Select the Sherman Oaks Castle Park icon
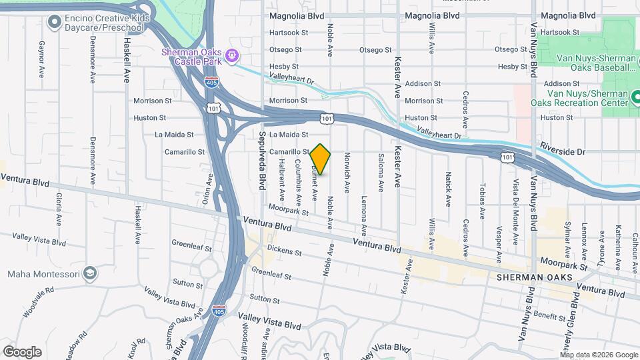(x=231, y=55)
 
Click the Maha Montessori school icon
(x=90, y=274)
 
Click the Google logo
(x=22, y=352)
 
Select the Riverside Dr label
(x=562, y=151)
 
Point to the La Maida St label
(x=174, y=134)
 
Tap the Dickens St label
(x=284, y=253)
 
